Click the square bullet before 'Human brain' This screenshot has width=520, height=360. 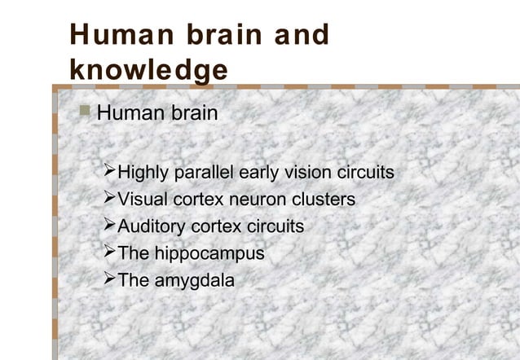87,111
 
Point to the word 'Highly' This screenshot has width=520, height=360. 144,173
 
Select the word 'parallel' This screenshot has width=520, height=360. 203,173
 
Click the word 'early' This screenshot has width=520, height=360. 262,173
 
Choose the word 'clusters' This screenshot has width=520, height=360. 324,200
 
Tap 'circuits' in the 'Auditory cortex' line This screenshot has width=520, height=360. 275,226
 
